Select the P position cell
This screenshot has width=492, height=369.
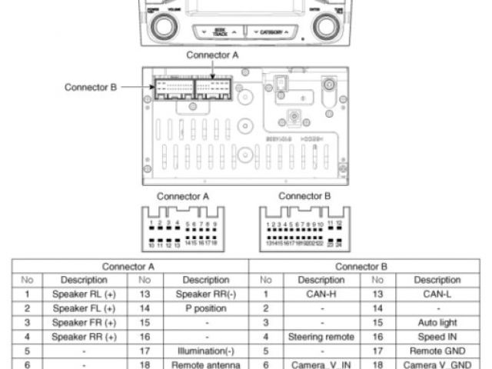pyautogui.click(x=205, y=307)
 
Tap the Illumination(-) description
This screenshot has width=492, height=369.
pyautogui.click(x=205, y=350)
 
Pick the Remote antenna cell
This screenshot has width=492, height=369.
pyautogui.click(x=205, y=364)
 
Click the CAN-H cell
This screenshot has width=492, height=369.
pyautogui.click(x=321, y=294)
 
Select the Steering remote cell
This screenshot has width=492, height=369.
pyautogui.click(x=321, y=336)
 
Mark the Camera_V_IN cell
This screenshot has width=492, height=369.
pyautogui.click(x=321, y=364)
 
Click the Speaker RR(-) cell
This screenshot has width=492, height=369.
pyautogui.click(x=205, y=294)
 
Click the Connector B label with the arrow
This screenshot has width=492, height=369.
pyautogui.click(x=90, y=88)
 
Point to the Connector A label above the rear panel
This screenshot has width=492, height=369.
pyautogui.click(x=213, y=55)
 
